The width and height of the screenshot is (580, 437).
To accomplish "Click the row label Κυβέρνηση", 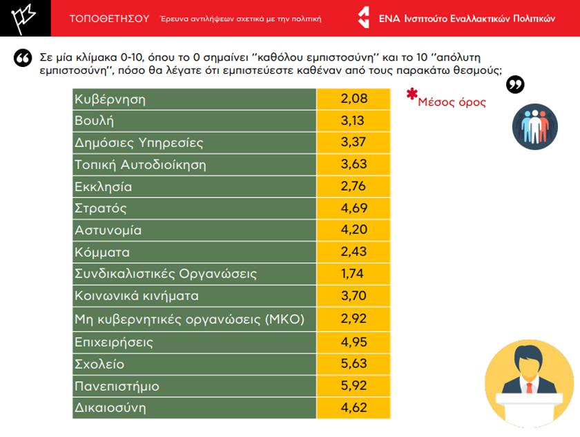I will [110, 99].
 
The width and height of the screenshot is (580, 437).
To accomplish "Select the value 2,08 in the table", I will [354, 99].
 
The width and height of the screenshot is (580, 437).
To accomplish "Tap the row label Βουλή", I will [94, 121].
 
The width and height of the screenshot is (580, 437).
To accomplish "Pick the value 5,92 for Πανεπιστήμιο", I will [354, 386].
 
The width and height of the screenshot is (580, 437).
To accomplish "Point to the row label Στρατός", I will [101, 208].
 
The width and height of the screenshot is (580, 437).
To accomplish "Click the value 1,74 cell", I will [354, 274].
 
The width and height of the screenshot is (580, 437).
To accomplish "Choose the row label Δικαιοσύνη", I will [110, 407].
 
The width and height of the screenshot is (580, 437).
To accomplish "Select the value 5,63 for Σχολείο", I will [354, 364].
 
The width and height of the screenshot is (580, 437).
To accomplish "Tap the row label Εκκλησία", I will [103, 187].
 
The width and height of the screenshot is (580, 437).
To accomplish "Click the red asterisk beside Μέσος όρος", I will [412, 95].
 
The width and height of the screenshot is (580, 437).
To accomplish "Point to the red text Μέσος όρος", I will [452, 102].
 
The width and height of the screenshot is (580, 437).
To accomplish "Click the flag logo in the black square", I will [25, 19].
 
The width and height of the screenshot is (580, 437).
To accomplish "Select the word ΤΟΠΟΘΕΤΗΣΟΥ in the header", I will [110, 19].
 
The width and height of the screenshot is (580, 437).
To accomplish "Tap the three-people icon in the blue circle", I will [534, 126].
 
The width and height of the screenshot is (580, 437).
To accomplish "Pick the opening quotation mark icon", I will [23, 58].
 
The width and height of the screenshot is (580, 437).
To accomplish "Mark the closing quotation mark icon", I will [515, 85].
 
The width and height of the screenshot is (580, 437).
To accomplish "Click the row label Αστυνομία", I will [108, 231].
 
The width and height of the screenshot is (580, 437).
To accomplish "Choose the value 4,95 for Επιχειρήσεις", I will [354, 342].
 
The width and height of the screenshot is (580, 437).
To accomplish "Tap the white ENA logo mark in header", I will [363, 18].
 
